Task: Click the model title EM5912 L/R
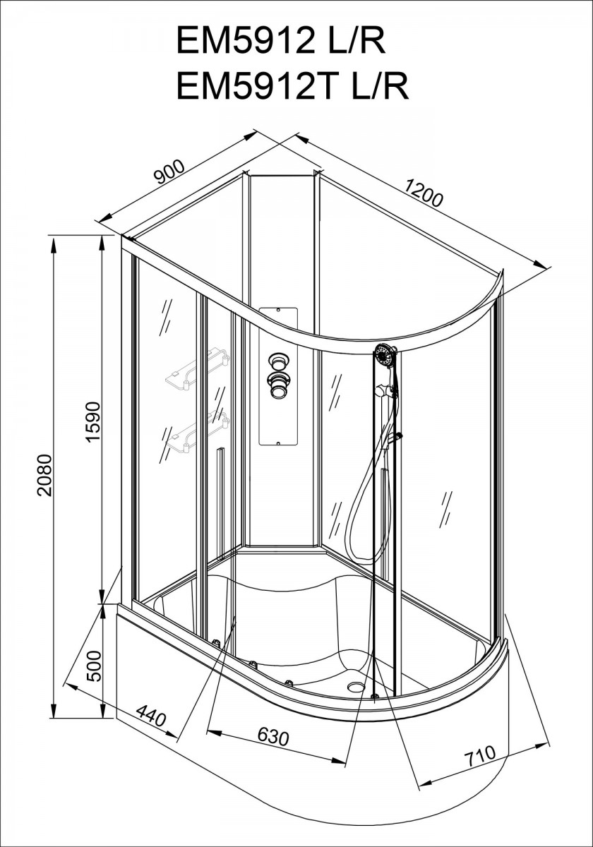[281, 41]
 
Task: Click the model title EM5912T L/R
[293, 87]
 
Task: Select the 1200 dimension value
[424, 193]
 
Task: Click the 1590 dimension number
[92, 421]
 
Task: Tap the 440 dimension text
[151, 716]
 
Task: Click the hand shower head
[385, 356]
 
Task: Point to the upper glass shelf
[198, 370]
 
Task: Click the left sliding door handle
[220, 503]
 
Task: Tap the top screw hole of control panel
[278, 311]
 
